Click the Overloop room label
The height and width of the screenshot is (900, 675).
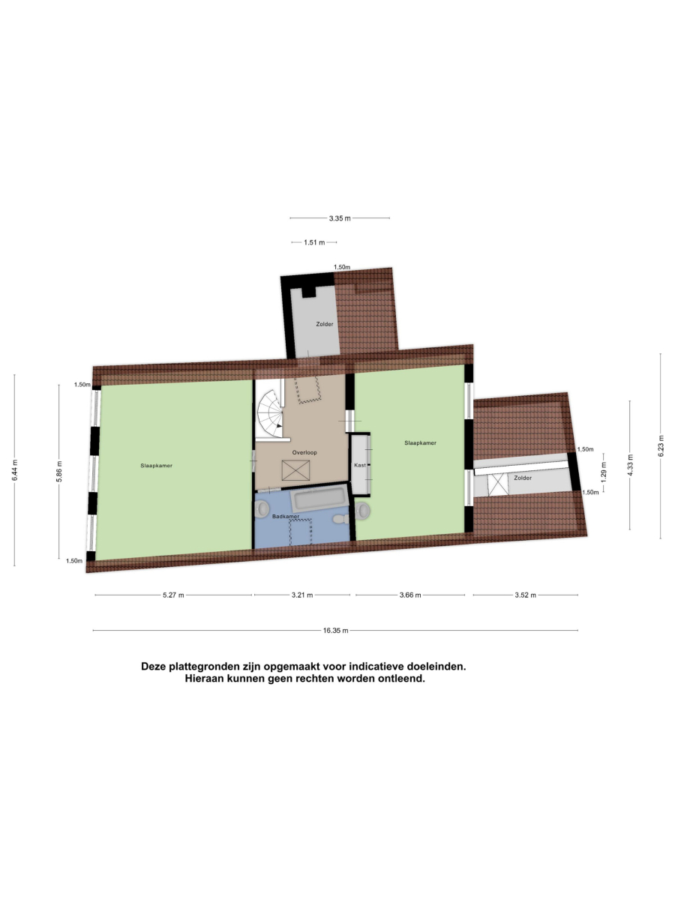coord(304,453)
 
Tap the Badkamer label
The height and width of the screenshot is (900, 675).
coord(286,516)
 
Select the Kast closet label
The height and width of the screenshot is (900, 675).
coord(360,465)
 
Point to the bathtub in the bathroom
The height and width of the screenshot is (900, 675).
coord(319,498)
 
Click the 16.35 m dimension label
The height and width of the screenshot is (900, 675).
coord(335,630)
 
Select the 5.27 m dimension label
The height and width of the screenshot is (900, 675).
coord(173,595)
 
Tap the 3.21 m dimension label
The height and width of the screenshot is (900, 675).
coord(302,595)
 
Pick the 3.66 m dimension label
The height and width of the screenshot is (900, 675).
coord(410,595)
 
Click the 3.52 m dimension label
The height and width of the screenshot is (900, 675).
coord(526,595)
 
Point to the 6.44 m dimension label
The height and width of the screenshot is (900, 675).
coord(14,470)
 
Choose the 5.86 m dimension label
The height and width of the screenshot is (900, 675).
coord(59,472)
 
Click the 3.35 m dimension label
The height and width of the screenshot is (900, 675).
coord(340,218)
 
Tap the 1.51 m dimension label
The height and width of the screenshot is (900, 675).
coord(314,242)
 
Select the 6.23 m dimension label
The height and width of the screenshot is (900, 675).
coord(660,445)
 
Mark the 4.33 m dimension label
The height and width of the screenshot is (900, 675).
coord(630,465)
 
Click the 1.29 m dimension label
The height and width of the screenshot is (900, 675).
coord(604,472)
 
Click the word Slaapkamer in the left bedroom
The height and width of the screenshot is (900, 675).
coord(156,466)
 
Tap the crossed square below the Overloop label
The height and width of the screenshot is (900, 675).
coord(295,470)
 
